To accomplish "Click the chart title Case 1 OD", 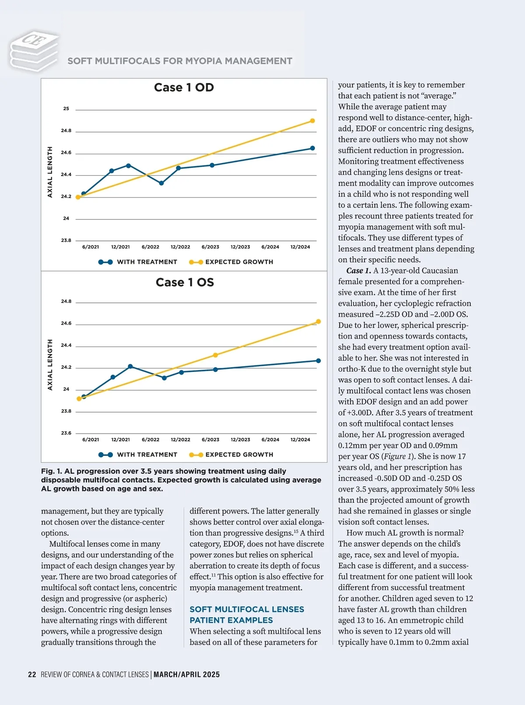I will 184,87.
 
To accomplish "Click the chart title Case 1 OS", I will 185,282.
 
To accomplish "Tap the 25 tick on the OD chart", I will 66,108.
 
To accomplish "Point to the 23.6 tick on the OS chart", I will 66,433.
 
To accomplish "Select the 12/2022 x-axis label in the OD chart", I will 180,247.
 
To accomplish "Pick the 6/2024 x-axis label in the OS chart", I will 270,440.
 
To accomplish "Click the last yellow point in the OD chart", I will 312,121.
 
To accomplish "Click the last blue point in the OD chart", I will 312,148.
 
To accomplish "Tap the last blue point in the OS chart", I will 318,361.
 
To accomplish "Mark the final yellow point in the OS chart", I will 318,322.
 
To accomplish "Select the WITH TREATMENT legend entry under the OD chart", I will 138,262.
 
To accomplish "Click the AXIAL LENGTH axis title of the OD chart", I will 50,172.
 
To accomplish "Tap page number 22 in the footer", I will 32,674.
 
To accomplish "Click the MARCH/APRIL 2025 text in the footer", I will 186,674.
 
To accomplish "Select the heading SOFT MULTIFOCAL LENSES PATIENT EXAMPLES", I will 247,615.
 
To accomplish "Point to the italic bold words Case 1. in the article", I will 358,271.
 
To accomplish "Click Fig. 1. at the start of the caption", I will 51,471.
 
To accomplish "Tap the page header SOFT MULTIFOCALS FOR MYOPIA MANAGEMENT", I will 180,61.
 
